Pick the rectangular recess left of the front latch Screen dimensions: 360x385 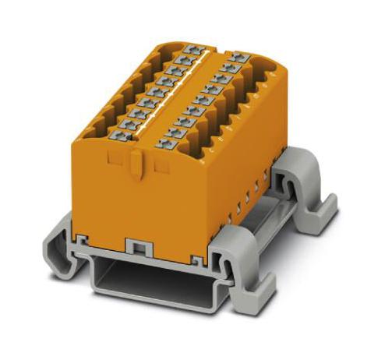click(113, 161)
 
